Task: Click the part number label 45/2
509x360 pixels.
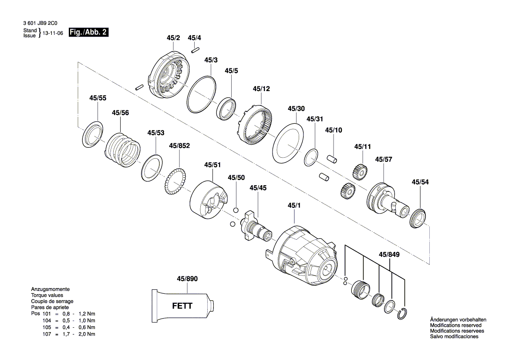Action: point(173,38)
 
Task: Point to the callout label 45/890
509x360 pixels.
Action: point(187,278)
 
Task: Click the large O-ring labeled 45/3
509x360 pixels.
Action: point(202,94)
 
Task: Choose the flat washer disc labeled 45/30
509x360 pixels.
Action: point(287,143)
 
